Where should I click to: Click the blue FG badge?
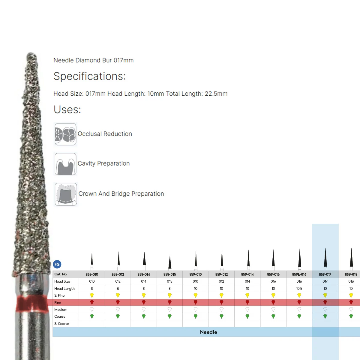click(x=57, y=264)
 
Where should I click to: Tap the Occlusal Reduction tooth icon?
click(x=65, y=134)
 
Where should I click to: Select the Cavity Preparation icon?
click(x=65, y=164)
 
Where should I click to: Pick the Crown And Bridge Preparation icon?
click(x=66, y=194)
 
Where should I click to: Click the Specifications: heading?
click(x=90, y=76)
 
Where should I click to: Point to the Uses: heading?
click(x=67, y=109)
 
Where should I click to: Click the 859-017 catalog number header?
click(x=325, y=274)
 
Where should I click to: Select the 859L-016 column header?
click(x=299, y=274)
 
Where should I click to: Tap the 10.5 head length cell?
click(x=299, y=288)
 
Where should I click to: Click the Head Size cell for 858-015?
click(x=169, y=281)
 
